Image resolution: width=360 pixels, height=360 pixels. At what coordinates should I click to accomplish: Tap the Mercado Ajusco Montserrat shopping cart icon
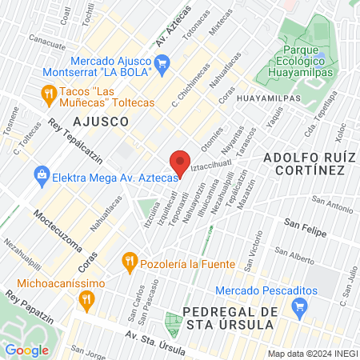coord(162,62)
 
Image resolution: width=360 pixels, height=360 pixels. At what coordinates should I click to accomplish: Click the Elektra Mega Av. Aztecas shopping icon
coord(42,173)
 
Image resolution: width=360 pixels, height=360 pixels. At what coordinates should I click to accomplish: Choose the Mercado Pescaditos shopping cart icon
coord(300,305)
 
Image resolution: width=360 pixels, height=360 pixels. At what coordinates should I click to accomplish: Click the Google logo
coord(27,350)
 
